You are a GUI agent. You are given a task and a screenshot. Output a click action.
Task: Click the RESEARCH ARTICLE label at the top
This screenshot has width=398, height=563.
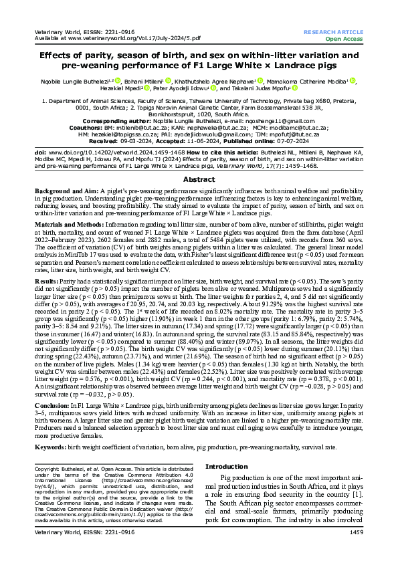tap(333, 32)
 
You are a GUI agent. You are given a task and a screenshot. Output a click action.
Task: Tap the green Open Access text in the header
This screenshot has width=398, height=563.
tap(344, 39)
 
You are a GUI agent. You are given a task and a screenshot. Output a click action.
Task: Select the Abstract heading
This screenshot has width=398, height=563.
tap(199, 162)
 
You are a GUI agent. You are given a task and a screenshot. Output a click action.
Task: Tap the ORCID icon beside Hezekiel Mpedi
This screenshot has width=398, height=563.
tap(148, 88)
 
